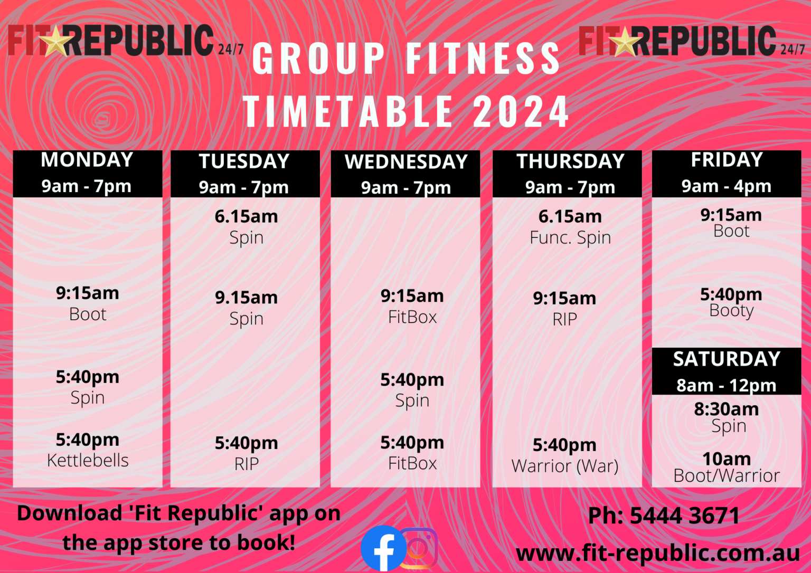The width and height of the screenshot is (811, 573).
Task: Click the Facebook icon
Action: tap(383, 549)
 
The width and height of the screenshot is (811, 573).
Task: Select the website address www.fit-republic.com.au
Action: tap(657, 553)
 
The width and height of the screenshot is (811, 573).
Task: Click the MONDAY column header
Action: tap(87, 160)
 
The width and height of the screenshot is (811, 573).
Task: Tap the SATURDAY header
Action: tap(727, 359)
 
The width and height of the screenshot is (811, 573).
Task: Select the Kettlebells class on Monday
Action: tap(88, 460)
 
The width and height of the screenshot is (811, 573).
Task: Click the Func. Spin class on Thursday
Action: tap(570, 237)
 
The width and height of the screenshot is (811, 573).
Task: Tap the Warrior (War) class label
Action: tap(564, 466)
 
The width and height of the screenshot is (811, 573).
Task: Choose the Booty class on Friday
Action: tap(731, 310)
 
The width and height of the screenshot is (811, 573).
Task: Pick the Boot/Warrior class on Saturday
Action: tap(727, 476)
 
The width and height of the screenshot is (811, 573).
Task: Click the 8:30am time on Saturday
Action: tap(727, 409)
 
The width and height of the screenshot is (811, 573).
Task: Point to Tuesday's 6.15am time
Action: tap(246, 216)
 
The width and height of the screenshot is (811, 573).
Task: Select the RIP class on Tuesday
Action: tap(246, 464)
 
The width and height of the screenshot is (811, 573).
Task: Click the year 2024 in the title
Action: tap(520, 112)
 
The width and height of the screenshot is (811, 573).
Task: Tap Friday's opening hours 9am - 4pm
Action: tap(727, 186)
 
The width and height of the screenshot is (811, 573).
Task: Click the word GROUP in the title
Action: tap(319, 58)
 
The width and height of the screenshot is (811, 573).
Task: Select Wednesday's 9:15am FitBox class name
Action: tap(412, 317)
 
